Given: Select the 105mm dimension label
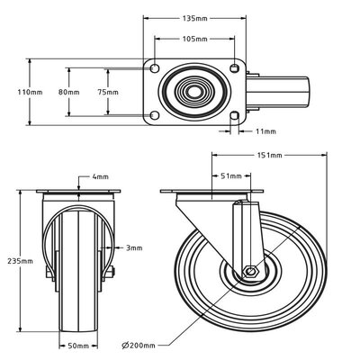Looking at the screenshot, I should point(194,40).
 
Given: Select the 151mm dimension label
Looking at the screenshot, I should point(270,155).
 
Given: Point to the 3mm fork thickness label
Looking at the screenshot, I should point(133,247).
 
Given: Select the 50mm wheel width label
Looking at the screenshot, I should point(78,345).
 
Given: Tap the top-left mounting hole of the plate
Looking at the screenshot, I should point(155,69).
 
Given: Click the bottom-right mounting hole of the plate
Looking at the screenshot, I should point(235,114).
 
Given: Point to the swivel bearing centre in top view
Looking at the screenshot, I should point(194,92).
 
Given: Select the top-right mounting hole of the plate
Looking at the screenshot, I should point(235,69).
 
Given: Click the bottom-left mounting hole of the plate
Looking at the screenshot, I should point(155,114).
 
